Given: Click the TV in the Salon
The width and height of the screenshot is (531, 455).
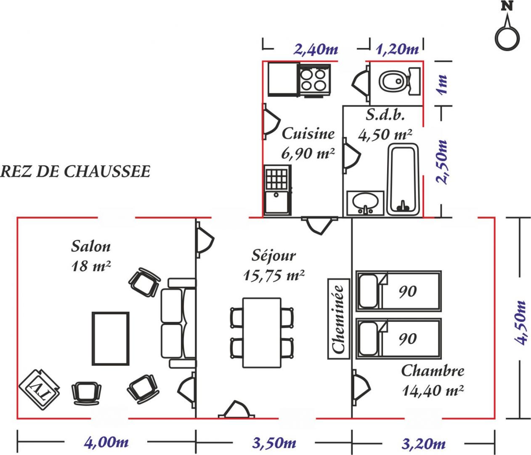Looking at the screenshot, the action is (39, 390).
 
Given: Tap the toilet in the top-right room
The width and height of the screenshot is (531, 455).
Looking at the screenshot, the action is (399, 81).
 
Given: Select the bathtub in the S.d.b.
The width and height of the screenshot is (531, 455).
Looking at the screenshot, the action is (403, 180).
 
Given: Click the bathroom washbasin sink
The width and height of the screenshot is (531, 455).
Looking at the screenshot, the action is (365, 203).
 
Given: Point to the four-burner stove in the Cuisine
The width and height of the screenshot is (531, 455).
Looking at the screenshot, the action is (313, 80).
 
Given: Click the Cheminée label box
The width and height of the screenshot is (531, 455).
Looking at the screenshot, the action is (338, 319).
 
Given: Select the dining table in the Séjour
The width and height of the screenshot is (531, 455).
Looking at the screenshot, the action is (262, 333).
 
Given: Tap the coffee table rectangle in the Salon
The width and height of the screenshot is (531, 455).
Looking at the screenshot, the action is (111, 338).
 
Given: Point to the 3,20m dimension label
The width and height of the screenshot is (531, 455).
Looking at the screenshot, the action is (423, 444).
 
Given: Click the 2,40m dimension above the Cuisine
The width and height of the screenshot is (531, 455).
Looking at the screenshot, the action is (316, 49).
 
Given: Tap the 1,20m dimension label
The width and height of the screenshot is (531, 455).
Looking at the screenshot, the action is (397, 49).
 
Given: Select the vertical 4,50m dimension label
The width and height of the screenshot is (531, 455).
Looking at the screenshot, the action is (519, 323).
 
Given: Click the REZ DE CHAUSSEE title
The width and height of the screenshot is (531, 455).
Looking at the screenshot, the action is (75, 171).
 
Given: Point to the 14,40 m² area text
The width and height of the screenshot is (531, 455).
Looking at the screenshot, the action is (433, 391).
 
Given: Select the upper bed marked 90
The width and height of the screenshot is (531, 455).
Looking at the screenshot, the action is (398, 291).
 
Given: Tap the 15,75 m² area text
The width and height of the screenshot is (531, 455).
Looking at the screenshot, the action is (273, 276).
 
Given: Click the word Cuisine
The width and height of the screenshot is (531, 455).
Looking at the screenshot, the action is (308, 134).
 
